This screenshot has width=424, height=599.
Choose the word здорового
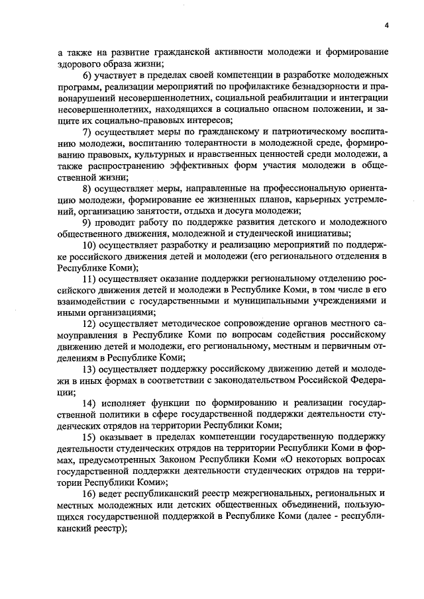pyautogui.click(x=81, y=64)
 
